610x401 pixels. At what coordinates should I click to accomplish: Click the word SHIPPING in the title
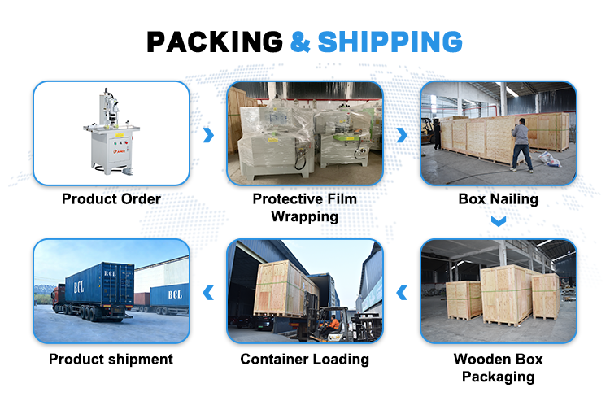point(390,41)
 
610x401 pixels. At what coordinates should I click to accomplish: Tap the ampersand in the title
point(300,41)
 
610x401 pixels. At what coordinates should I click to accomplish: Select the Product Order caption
point(111,198)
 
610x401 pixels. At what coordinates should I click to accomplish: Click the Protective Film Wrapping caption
point(304,207)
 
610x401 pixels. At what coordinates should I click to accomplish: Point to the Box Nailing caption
point(498,198)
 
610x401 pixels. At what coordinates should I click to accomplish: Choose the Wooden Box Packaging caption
point(498,368)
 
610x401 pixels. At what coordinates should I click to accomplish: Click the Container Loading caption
point(304,359)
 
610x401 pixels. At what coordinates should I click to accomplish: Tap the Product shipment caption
point(111,359)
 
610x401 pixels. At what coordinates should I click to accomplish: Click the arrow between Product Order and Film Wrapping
point(208,134)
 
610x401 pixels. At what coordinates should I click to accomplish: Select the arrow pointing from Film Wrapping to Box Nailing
point(401,134)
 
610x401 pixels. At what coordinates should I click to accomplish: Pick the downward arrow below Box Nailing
point(499,220)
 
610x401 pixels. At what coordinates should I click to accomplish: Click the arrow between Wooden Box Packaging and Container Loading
point(401,292)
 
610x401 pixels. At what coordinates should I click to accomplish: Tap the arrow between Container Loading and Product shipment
point(208,292)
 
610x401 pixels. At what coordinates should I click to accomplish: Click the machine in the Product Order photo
point(112,130)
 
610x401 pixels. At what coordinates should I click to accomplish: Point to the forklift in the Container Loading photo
point(329,325)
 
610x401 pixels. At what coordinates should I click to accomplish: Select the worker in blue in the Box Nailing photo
point(521,143)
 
